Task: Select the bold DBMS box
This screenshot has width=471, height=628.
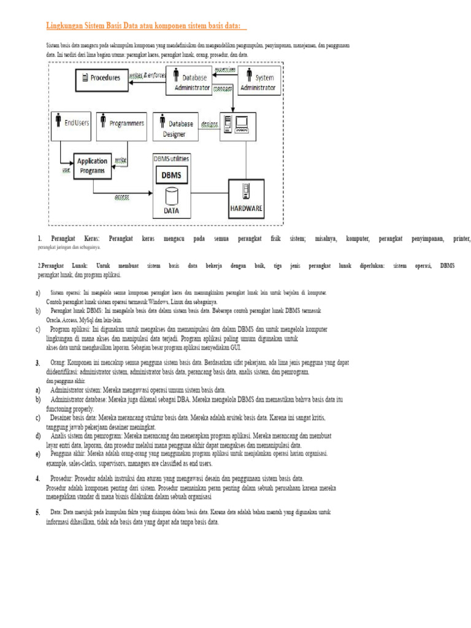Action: (x=171, y=175)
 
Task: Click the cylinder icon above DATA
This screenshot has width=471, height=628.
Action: (x=172, y=196)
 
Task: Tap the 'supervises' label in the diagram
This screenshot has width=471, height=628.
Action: (x=224, y=69)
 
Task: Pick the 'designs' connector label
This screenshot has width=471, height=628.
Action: (x=209, y=123)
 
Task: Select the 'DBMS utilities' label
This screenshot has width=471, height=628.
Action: (x=171, y=158)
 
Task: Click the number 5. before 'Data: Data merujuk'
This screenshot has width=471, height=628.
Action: (x=38, y=512)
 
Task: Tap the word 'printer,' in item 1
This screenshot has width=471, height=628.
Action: (x=461, y=238)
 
